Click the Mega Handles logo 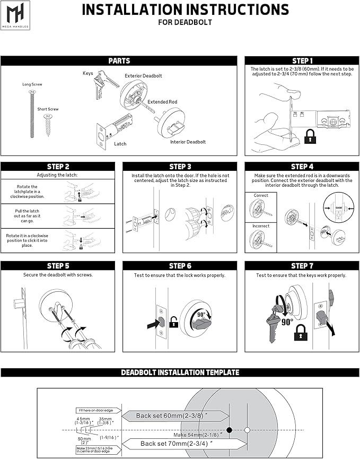point(15,15)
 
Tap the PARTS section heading point(119,61)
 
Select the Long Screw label point(32,84)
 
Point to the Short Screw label point(48,109)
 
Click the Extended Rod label point(162,102)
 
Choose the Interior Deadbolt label point(188,142)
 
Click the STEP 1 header point(302,61)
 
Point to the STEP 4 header point(302,167)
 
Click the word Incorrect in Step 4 point(260,226)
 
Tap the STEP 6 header point(180,266)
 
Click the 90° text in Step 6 point(201,314)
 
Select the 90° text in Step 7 point(287,322)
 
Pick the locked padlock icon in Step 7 point(301,333)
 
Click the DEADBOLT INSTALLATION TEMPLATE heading point(180,373)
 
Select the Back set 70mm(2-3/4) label point(178,443)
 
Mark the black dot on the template point(230,429)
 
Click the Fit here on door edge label point(95,410)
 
